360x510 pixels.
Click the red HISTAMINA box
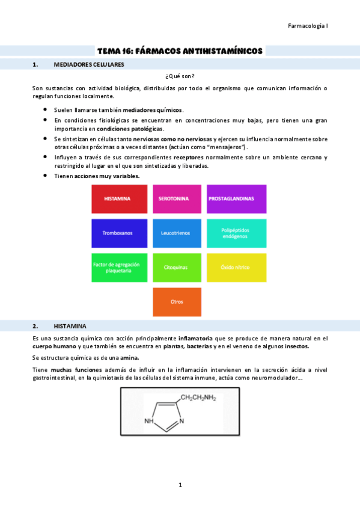point(119,199)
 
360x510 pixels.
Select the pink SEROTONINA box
point(177,199)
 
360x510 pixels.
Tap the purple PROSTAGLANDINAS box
point(236,199)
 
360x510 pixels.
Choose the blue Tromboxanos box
point(119,233)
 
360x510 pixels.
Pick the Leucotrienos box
point(177,233)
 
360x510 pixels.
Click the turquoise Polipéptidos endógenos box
point(236,233)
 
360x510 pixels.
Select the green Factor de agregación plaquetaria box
point(119,267)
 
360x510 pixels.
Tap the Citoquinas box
point(177,267)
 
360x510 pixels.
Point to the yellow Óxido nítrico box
point(236,267)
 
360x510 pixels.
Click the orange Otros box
point(177,302)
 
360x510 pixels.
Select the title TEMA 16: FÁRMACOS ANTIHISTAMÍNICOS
point(180,51)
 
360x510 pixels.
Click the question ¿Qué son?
point(180,76)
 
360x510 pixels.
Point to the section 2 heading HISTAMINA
point(70,326)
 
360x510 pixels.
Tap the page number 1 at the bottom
point(180,485)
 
